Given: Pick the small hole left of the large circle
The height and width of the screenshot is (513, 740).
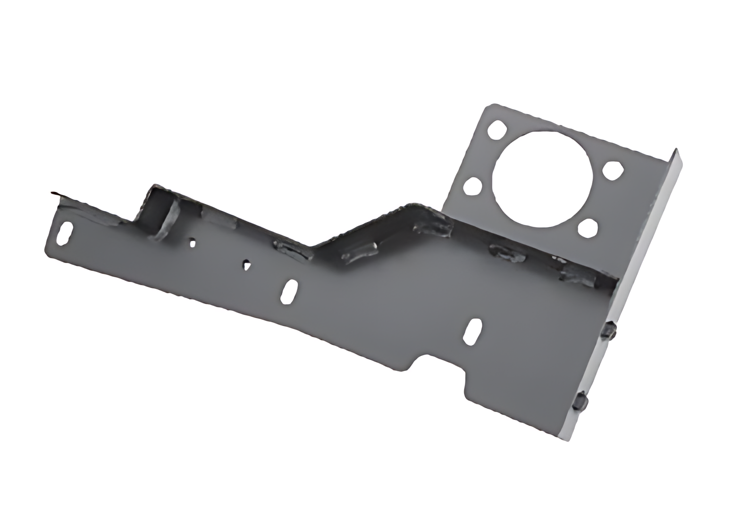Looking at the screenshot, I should click(x=472, y=186).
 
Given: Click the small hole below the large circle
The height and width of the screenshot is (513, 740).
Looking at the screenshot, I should click(x=588, y=229).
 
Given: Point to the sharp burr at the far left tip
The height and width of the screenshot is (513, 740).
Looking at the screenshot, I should click(x=55, y=193).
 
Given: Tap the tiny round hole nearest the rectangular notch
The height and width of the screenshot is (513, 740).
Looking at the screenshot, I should click(x=193, y=243).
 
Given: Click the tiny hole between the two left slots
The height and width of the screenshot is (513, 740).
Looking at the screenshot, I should click(x=246, y=265).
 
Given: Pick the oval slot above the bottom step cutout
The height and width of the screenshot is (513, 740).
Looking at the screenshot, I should click(x=472, y=331).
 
